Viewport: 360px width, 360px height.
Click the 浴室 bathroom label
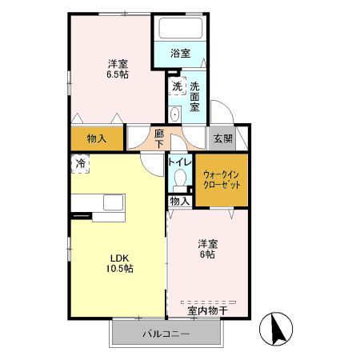pos(181,54)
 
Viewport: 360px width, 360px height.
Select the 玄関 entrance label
pos(222,138)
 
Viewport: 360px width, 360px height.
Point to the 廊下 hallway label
pos(160,138)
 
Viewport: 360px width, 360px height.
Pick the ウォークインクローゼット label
pos(222,179)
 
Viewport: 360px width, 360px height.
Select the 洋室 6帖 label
pos(207,248)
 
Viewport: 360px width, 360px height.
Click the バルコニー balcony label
pos(166,333)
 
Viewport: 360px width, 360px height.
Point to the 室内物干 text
pos(207,309)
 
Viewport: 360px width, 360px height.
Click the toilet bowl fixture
pos(179,178)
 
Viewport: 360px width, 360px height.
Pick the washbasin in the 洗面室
pos(174,113)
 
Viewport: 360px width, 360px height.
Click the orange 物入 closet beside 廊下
pos(97,138)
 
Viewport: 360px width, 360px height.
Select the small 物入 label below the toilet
pos(180,202)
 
